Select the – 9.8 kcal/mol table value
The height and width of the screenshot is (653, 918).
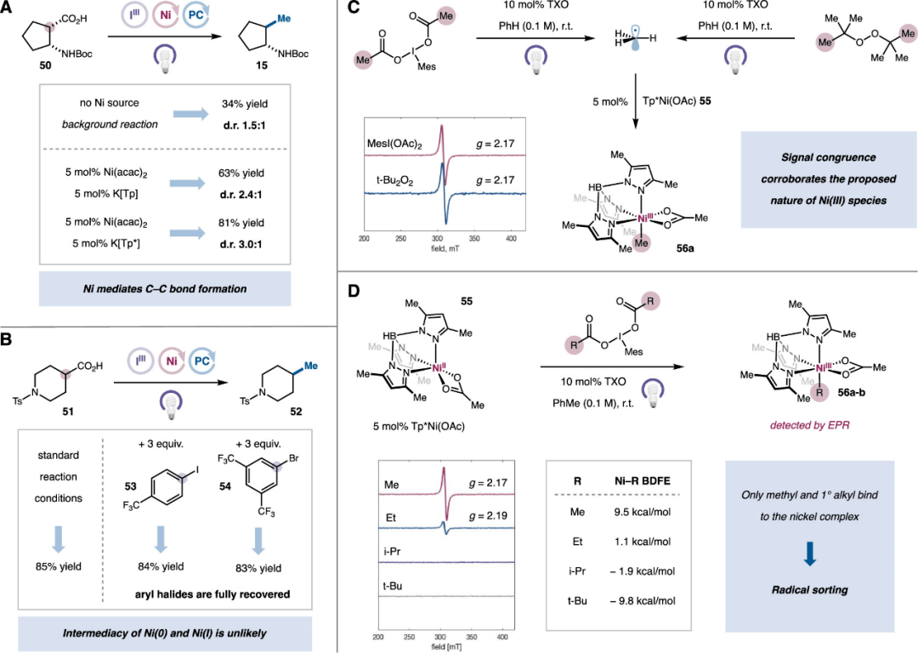[x=643, y=600]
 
